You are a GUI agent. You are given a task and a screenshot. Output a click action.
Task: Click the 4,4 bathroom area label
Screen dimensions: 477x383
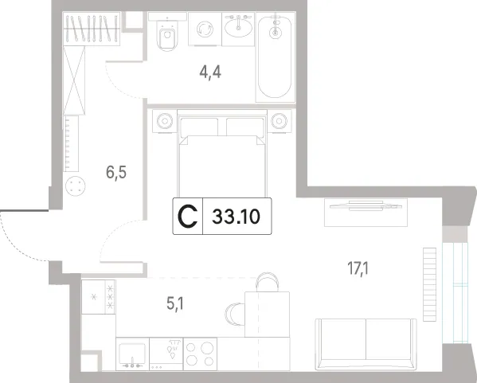210,72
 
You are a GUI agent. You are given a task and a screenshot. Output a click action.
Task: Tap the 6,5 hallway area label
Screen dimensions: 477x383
116,173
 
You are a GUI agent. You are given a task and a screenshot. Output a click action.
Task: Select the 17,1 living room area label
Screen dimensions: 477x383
358,268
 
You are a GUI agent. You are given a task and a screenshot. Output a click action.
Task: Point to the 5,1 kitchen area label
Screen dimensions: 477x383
175,303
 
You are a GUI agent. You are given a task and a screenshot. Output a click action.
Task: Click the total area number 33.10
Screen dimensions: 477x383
236,217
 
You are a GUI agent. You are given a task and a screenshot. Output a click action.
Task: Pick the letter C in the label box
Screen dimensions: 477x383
188,217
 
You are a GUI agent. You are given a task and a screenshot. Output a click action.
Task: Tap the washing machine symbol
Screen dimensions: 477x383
205,29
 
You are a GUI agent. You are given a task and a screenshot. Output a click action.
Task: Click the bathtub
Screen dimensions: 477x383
276,57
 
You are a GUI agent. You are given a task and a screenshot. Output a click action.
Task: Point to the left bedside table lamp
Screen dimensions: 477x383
165,121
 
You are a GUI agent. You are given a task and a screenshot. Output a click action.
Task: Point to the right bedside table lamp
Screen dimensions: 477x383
280,121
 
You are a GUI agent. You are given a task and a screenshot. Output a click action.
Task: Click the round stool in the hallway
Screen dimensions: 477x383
76,186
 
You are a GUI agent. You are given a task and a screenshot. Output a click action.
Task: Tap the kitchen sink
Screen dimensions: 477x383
132,354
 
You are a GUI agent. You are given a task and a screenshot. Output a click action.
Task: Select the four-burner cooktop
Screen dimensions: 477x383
200,354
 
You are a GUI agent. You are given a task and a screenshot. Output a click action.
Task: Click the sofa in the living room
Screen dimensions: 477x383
366,344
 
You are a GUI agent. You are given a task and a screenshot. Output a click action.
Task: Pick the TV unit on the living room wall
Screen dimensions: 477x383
366,213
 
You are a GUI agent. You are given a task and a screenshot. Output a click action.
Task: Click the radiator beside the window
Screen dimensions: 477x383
429,284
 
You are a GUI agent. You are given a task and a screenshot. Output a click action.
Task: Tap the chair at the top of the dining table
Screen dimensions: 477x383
268,283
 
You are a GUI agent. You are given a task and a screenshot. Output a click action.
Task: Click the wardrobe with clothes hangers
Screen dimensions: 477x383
92,29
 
